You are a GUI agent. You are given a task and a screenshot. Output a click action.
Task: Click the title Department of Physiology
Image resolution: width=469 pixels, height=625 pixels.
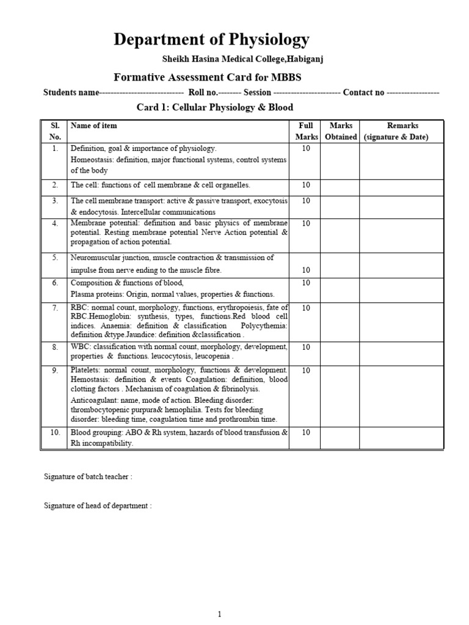(211, 40)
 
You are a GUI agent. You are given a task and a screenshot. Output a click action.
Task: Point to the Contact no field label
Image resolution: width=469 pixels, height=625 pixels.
(363, 93)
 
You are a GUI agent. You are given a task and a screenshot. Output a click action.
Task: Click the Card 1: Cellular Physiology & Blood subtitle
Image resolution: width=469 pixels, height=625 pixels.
(214, 107)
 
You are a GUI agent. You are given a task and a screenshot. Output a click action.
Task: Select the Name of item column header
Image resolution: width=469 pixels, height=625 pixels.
(94, 126)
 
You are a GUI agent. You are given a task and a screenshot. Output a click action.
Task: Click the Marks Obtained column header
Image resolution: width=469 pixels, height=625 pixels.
(341, 131)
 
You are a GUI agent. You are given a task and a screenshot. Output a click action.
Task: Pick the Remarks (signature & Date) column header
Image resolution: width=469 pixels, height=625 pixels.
(398, 131)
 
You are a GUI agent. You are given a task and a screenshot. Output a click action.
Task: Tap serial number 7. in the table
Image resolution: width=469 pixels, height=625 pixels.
(54, 308)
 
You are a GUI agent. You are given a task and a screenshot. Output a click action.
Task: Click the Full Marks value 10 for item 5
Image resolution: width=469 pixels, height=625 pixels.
(305, 270)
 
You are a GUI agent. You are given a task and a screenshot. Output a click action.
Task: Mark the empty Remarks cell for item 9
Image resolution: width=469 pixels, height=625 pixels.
(401, 395)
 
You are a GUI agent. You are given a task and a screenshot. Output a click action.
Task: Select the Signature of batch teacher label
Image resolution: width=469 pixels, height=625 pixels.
(88, 477)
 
